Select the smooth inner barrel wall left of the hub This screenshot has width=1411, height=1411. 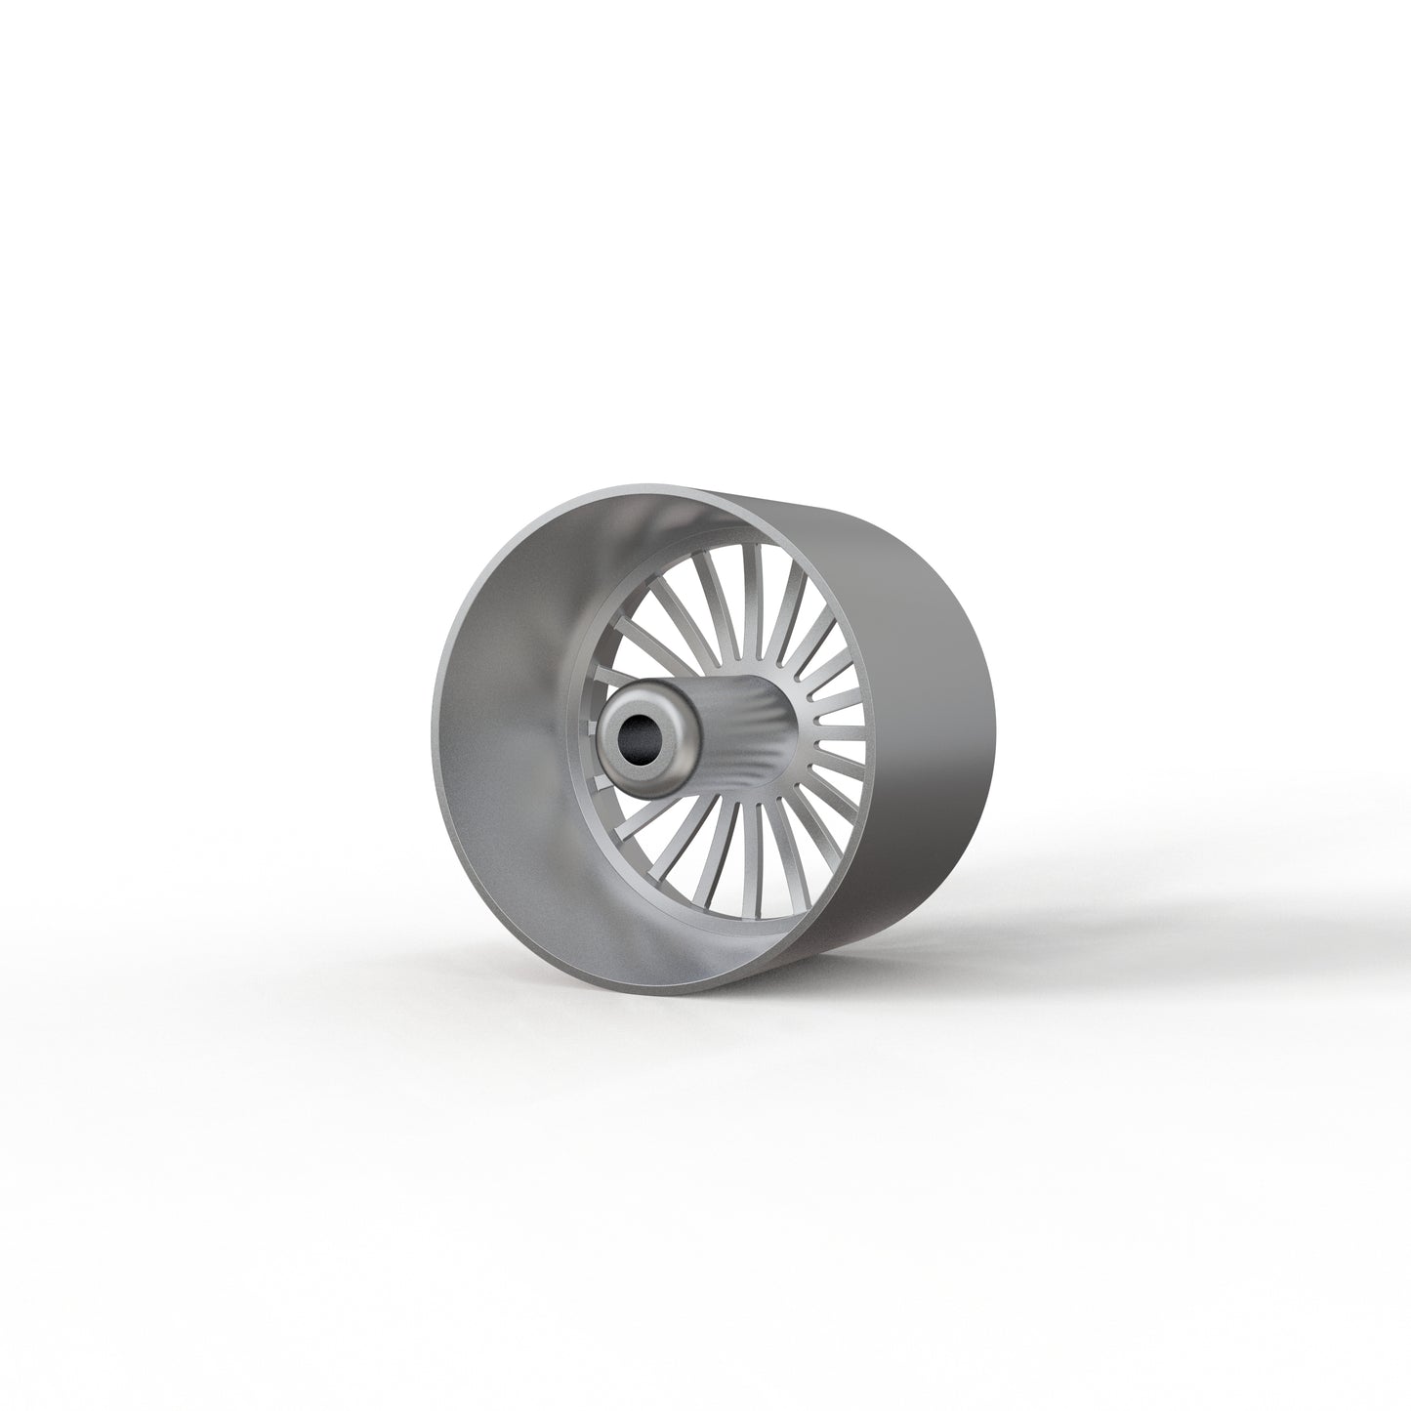(508, 742)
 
